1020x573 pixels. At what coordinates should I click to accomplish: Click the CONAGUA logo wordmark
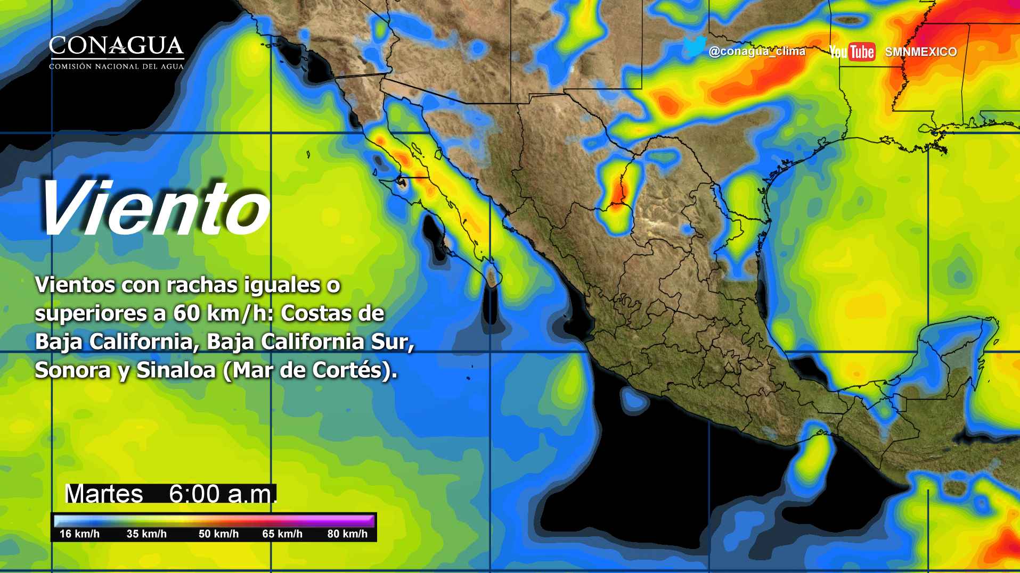(x=116, y=46)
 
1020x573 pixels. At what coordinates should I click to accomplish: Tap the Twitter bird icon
(x=695, y=47)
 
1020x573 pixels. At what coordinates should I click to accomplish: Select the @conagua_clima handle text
(x=757, y=52)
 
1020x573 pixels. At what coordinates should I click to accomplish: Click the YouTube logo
(x=852, y=52)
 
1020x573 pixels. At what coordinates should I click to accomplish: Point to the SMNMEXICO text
(x=920, y=52)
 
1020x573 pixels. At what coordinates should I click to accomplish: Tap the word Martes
(x=104, y=494)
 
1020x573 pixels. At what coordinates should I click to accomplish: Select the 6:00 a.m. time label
(x=223, y=494)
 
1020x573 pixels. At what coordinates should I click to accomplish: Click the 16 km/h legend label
(x=79, y=534)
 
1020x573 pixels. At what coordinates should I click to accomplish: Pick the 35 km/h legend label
(x=146, y=534)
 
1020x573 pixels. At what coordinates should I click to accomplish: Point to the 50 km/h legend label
(x=218, y=534)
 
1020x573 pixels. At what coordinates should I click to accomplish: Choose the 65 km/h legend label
(x=282, y=534)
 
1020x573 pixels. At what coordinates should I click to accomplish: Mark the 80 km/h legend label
(x=347, y=534)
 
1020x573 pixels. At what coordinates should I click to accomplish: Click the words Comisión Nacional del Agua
(x=116, y=67)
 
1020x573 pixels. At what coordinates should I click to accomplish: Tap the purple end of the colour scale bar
(x=368, y=520)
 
